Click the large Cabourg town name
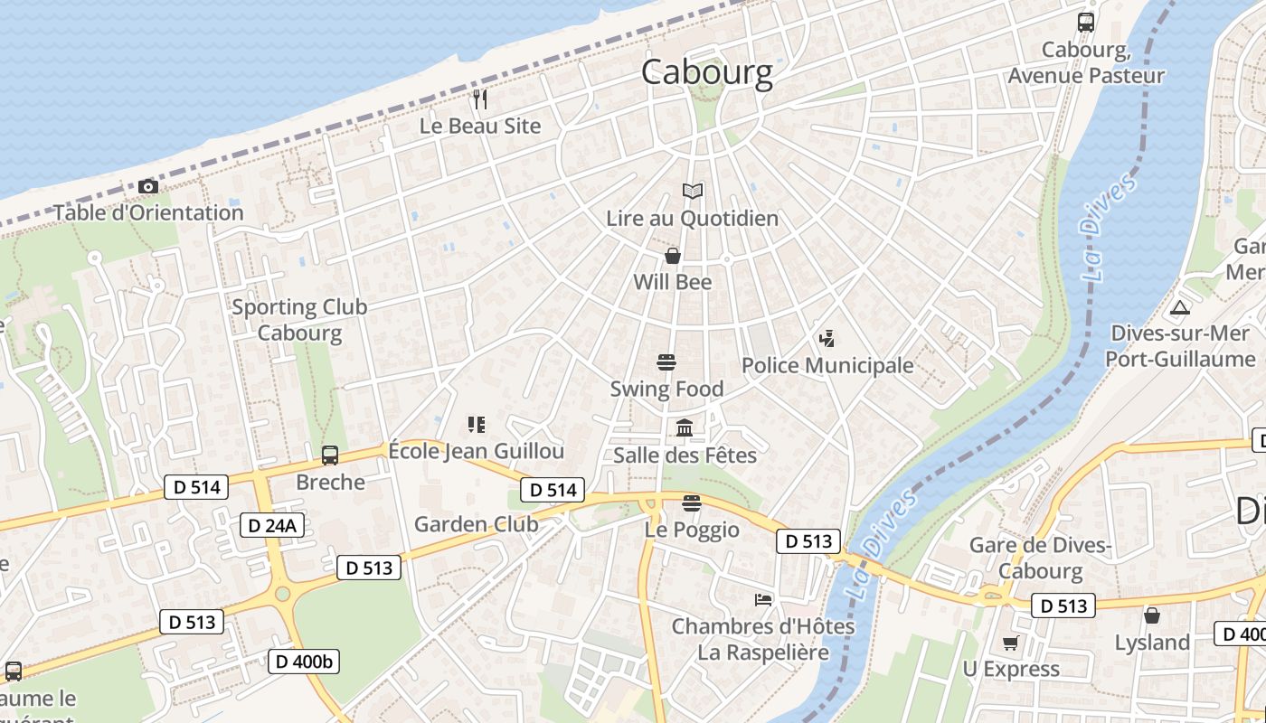(x=707, y=72)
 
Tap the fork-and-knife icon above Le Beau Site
(x=480, y=99)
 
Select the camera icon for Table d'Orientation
(x=148, y=187)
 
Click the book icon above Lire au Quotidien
(x=692, y=192)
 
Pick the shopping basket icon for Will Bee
(x=673, y=257)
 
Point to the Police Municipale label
(x=827, y=365)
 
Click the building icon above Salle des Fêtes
(x=685, y=427)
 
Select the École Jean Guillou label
(x=476, y=451)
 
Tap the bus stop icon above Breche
(x=330, y=455)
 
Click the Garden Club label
(x=476, y=524)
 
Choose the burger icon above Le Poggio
(x=692, y=503)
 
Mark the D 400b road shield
(x=304, y=662)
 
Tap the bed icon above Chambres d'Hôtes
(x=763, y=600)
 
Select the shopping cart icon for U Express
(x=1010, y=643)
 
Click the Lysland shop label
(x=1151, y=643)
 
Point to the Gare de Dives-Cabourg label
(x=1039, y=558)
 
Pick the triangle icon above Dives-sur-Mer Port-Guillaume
(x=1179, y=307)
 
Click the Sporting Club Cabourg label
(x=299, y=319)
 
